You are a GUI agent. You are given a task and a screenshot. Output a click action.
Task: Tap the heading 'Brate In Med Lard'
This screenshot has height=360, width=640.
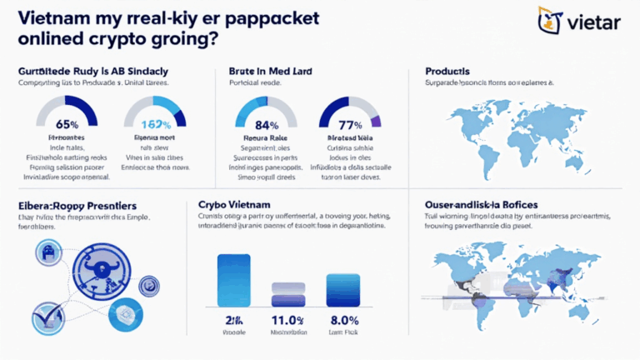[269, 72]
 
